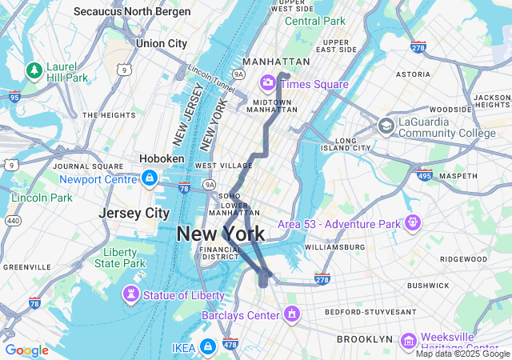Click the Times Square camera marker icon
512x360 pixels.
pyautogui.click(x=268, y=83)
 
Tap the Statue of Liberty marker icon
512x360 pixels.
pyautogui.click(x=128, y=295)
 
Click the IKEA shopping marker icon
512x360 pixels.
pyautogui.click(x=208, y=346)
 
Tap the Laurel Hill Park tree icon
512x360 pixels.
pyautogui.click(x=34, y=70)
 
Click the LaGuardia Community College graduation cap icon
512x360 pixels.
pyautogui.click(x=386, y=126)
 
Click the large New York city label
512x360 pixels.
pyautogui.click(x=220, y=234)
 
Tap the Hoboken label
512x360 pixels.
pyautogui.click(x=162, y=158)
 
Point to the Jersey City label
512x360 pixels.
pyautogui.click(x=134, y=213)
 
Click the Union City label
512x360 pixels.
pyautogui.click(x=161, y=43)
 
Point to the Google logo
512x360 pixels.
pyautogui.click(x=26, y=350)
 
